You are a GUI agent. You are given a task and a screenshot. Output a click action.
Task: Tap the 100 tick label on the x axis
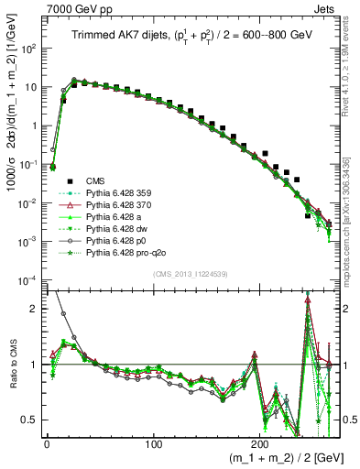click(x=154, y=443)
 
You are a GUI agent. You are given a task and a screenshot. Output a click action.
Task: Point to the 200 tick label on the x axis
click(x=262, y=443)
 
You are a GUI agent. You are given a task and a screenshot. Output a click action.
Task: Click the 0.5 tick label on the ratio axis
click(x=28, y=420)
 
